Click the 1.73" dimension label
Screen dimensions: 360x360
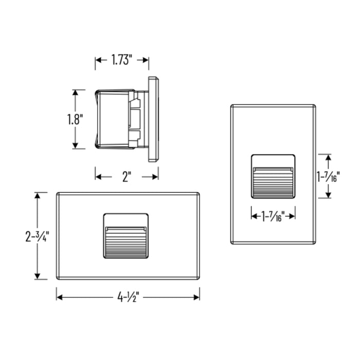[122, 60]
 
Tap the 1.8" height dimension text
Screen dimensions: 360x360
[75, 119]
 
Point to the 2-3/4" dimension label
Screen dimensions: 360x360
[37, 236]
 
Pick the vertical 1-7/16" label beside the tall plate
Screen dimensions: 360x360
[328, 176]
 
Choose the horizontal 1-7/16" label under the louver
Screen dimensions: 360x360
[273, 217]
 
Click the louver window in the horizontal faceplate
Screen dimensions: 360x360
[126, 236]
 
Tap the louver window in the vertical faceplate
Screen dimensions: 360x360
[273, 176]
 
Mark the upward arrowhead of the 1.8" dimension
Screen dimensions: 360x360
[75, 93]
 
